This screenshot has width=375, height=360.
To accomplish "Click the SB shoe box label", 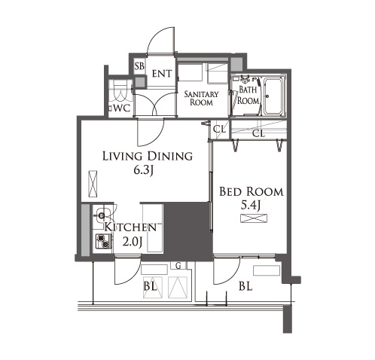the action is click(x=139, y=66).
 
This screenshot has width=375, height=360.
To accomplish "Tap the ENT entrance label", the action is click(x=162, y=74).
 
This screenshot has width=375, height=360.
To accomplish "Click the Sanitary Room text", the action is click(x=201, y=98).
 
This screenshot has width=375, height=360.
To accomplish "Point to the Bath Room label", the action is click(x=248, y=95).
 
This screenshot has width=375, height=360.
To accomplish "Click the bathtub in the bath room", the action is click(x=273, y=96).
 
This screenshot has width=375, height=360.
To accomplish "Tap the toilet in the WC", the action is click(x=120, y=93).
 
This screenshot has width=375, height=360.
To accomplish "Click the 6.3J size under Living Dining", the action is click(x=143, y=171).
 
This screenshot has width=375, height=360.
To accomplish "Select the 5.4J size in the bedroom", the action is click(x=250, y=206).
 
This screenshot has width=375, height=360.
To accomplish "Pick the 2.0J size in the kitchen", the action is click(x=133, y=242).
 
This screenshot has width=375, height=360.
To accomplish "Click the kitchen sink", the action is click(x=102, y=215).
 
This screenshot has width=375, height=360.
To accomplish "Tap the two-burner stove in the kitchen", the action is click(x=103, y=241).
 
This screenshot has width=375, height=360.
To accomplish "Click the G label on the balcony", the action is click(x=178, y=266).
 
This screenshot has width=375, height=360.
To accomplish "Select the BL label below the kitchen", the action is click(x=150, y=286).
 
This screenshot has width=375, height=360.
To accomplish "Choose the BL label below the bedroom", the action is click(x=245, y=286).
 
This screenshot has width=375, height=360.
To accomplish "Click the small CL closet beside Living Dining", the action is click(x=219, y=130).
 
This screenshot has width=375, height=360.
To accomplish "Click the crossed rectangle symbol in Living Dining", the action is click(x=93, y=184).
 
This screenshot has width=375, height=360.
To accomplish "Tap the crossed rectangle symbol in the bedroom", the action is click(x=254, y=218).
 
